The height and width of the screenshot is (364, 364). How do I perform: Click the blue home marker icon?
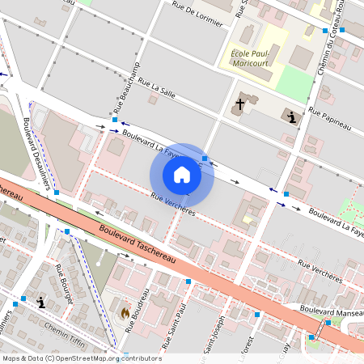pos(182,175)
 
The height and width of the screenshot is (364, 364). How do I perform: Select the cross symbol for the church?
pos(239,105)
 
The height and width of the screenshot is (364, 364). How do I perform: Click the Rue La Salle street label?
pos(157,88)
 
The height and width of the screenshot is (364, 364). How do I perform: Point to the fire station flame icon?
pos(125,311)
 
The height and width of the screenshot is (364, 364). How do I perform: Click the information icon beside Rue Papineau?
pos(291,118)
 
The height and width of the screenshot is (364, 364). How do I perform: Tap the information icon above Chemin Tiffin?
pos(41,303)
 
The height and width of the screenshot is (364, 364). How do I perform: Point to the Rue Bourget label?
pos(64,283)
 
